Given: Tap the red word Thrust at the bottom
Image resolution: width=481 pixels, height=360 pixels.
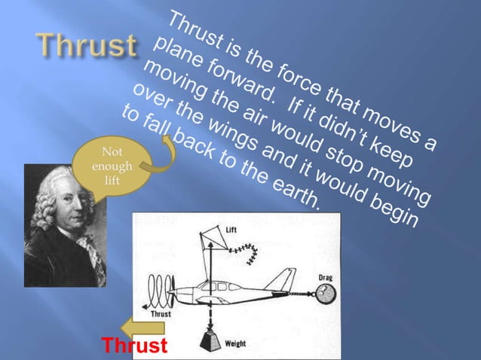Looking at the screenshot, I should click(135, 346).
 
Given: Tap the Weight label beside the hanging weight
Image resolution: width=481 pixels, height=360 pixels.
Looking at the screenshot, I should click(234, 343).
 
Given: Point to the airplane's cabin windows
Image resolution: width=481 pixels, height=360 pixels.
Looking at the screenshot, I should click(218, 286).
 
